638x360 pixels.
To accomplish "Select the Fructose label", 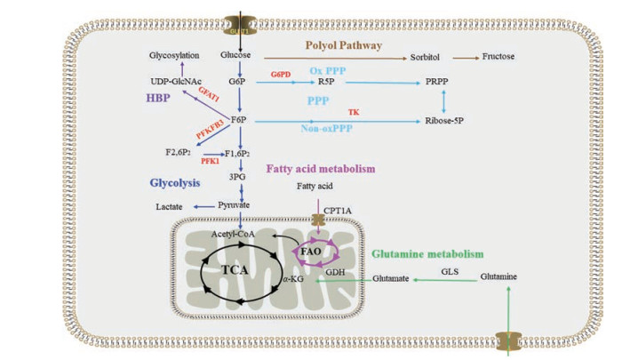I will coord(498,58).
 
